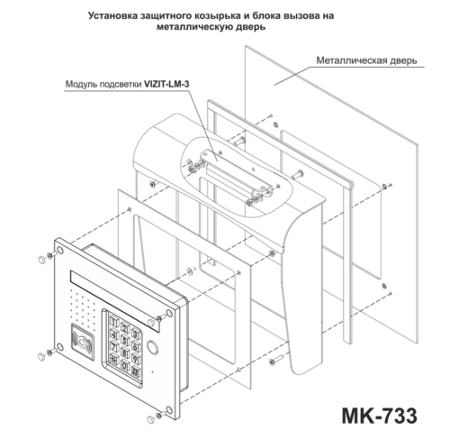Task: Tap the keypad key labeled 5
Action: (x=124, y=340)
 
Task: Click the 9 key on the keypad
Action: (x=136, y=359)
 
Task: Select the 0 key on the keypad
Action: (x=124, y=365)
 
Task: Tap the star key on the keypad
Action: (x=113, y=358)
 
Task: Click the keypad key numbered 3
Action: (x=136, y=334)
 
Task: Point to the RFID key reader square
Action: (x=83, y=341)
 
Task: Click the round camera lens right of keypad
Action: (x=153, y=347)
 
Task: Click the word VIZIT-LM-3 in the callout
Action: (x=166, y=84)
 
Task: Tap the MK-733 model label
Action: (x=379, y=416)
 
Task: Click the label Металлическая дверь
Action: (x=366, y=60)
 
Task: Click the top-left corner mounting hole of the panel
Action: (x=60, y=251)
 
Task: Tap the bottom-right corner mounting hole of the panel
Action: (x=169, y=410)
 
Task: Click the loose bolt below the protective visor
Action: (x=276, y=361)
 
